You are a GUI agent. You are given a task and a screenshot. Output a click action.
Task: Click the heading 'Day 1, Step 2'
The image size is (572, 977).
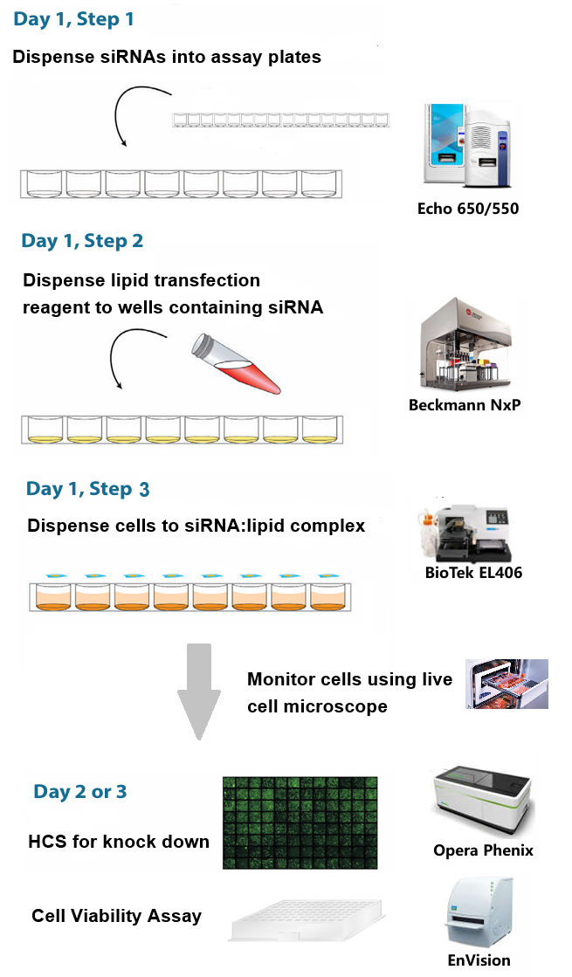pos(82,240)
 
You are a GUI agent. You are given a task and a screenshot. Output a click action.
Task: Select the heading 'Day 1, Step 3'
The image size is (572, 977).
pos(87,489)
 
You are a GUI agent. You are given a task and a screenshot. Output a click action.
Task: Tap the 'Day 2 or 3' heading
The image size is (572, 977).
pos(80,792)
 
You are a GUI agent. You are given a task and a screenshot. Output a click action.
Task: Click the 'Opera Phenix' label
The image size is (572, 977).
pos(483,850)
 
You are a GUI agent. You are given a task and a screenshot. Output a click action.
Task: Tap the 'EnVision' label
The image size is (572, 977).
pos(479,960)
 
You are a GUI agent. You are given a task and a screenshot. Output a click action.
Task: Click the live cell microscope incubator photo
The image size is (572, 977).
pos(507,683)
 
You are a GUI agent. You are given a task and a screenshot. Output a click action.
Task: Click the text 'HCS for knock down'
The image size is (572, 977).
pos(119,842)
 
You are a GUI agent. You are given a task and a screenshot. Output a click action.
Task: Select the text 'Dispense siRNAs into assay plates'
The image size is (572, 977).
pos(167,58)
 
